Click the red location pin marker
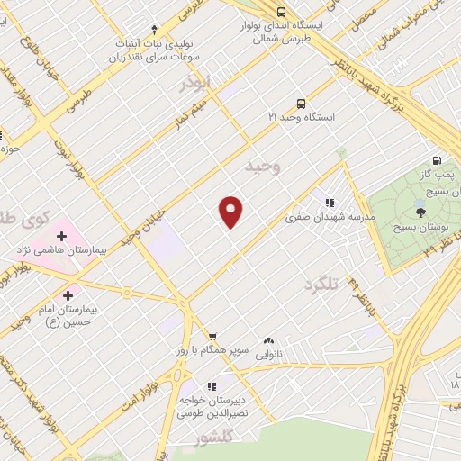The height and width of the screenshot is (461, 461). point(230,212)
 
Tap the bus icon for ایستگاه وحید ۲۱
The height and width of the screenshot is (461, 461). point(301,103)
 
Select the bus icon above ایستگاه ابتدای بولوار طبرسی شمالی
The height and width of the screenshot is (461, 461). point(282,13)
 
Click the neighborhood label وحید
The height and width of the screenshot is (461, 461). point(264,167)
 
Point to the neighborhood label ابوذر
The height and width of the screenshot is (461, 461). point(195,83)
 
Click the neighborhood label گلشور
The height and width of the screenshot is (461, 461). point(213,438)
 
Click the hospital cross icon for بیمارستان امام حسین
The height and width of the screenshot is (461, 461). point(69,294)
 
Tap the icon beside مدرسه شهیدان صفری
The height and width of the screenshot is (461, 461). point(330,203)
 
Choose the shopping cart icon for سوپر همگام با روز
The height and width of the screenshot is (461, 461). point(212,336)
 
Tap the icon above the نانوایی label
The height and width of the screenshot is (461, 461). point(268,341)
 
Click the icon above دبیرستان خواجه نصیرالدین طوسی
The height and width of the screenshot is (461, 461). point(212,386)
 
